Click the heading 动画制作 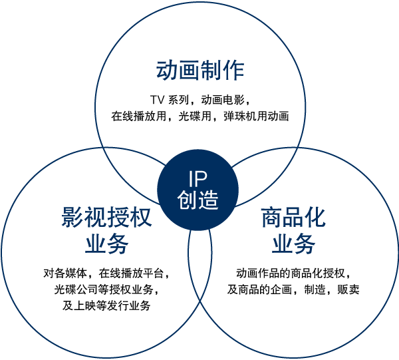pyautogui.click(x=200, y=71)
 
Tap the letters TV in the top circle pyautogui.click(x=157, y=100)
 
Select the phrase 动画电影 pyautogui.click(x=223, y=100)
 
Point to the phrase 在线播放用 pyautogui.click(x=138, y=116)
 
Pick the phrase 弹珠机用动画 pyautogui.click(x=256, y=116)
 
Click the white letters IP pyautogui.click(x=198, y=179)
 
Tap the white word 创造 pyautogui.click(x=198, y=200)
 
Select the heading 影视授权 pyautogui.click(x=106, y=217)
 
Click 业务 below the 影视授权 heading pyautogui.click(x=106, y=244)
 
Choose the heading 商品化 pyautogui.click(x=293, y=217)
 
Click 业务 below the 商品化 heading pyautogui.click(x=293, y=244)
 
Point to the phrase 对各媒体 pyautogui.click(x=65, y=273)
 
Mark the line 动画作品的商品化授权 pyautogui.click(x=291, y=273)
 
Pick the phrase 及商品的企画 pyautogui.click(x=259, y=289)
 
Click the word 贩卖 pyautogui.click(x=348, y=289)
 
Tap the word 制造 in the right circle pyautogui.click(x=315, y=289)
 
